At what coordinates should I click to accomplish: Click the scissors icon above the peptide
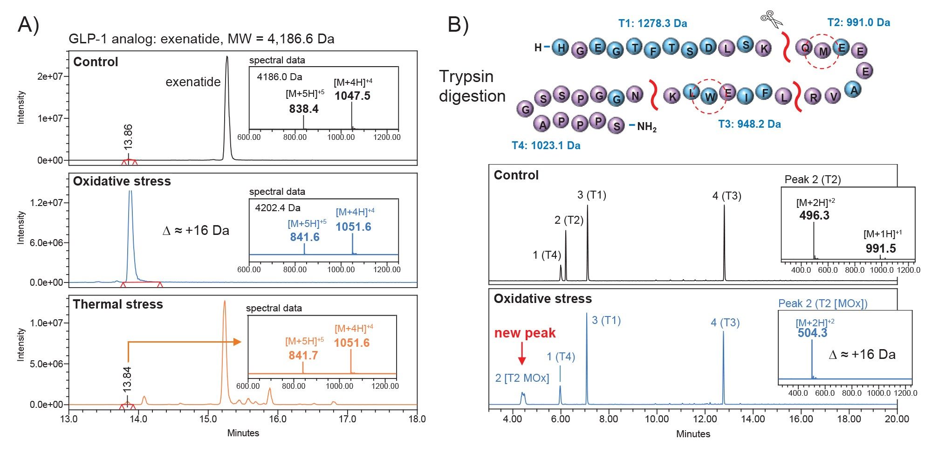coord(772,20)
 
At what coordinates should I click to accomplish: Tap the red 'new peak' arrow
coord(522,354)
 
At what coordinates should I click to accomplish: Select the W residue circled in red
coord(709,97)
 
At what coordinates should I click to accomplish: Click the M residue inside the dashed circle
coord(823,51)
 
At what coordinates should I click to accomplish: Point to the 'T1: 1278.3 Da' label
coord(652,23)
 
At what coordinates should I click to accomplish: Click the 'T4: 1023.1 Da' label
coord(546,145)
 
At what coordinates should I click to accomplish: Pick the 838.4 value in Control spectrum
coord(304,109)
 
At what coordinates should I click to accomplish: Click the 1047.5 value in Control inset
coord(352,96)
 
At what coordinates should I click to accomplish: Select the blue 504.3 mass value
coord(812,333)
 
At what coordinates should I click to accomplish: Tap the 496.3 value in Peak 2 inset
coord(814,215)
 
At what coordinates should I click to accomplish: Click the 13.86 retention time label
coord(129,137)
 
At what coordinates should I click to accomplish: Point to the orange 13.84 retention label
coord(127,378)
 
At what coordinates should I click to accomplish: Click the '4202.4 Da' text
coord(278,208)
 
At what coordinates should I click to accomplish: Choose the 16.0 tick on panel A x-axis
coord(278,419)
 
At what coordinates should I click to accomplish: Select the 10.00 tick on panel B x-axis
coord(657,419)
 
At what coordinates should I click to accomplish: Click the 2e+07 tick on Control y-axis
coord(49,76)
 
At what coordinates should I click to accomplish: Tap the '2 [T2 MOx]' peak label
coord(522,378)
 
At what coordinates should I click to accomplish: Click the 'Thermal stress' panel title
coord(118,304)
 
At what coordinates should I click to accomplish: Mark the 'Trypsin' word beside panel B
coord(466,76)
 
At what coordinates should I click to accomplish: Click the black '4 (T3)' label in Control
coord(726,196)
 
